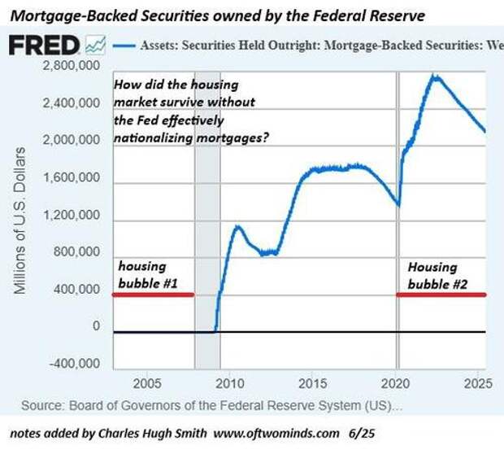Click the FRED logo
point(45,46)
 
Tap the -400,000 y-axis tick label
point(74,363)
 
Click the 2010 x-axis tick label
point(229,383)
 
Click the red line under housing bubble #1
point(153,295)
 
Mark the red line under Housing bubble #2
point(441,295)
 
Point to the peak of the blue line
point(434,76)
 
